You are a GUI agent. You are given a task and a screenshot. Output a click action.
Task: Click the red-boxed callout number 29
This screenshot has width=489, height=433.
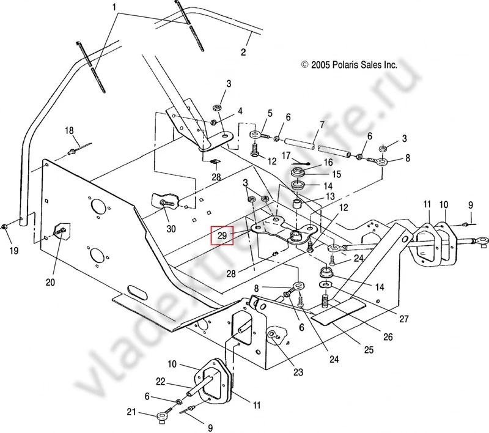tap(221, 235)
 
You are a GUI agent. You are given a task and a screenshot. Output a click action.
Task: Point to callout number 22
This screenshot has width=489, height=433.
tap(160, 382)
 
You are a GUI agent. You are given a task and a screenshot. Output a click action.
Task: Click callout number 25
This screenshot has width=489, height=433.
tap(369, 350)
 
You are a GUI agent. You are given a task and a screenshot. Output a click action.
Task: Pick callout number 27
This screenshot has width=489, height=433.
tap(403, 319)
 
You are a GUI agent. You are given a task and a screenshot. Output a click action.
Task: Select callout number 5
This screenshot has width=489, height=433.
tap(270, 114)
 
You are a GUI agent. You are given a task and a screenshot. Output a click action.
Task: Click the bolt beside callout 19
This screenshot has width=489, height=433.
tap(5, 227)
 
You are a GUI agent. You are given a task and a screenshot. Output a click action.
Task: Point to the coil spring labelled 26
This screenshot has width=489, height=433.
tap(326, 301)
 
